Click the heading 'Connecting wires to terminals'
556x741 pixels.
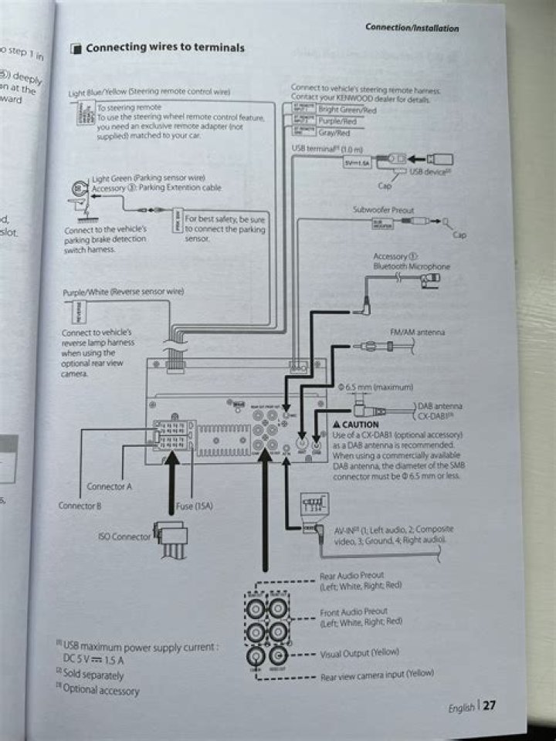164,48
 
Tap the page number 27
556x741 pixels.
490,706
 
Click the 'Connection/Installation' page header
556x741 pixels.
412,28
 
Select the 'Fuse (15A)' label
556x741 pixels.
195,506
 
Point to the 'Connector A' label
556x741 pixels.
109,486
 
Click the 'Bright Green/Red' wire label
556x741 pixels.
347,110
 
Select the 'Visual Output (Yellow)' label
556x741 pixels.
360,653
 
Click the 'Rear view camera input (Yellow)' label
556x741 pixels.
377,675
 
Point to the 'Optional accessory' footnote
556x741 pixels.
100,690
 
